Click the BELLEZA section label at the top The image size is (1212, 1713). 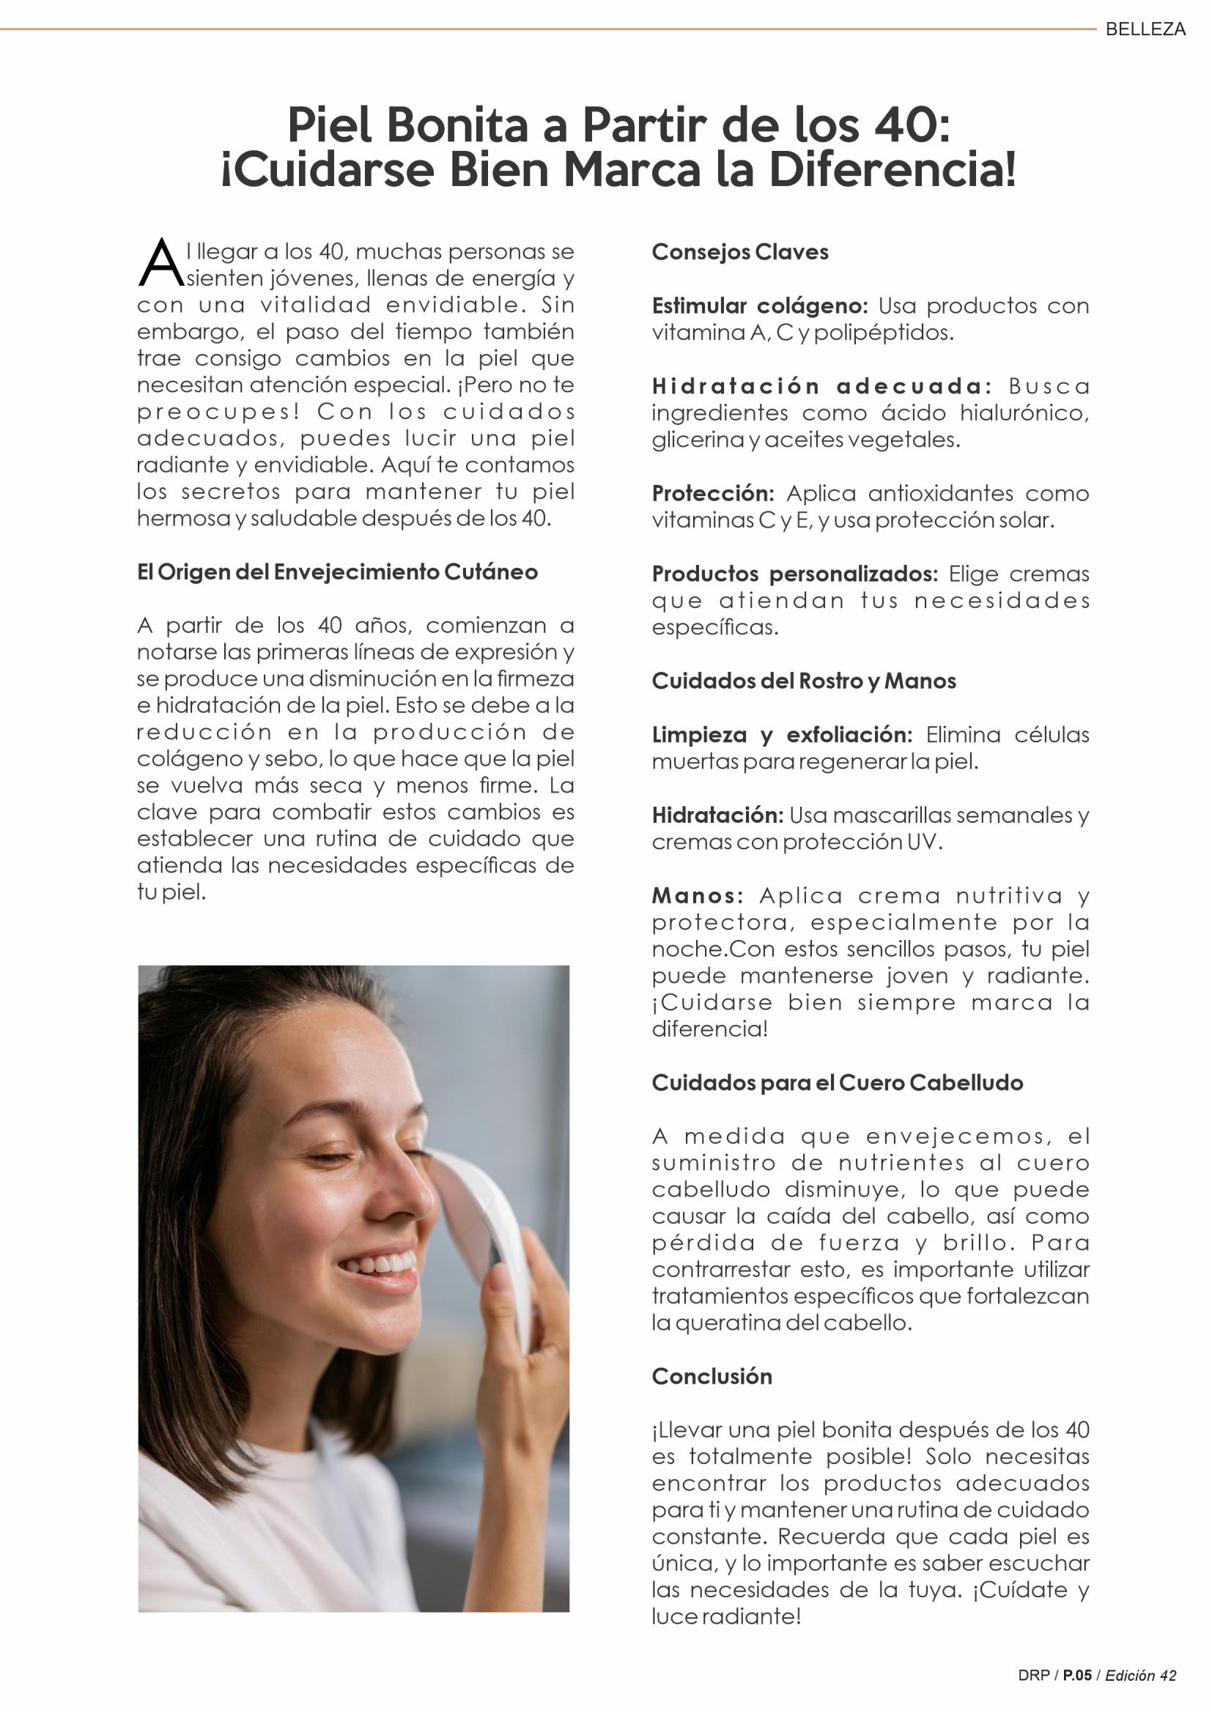(1145, 29)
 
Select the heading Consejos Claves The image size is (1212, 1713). (739, 252)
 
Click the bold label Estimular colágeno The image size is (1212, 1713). (759, 306)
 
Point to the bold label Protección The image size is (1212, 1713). (713, 493)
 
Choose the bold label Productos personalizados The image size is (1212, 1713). (794, 574)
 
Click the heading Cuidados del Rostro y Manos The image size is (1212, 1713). (803, 681)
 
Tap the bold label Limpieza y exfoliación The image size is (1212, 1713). (781, 735)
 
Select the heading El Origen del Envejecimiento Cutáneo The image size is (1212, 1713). (336, 572)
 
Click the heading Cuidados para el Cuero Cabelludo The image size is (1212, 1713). (837, 1083)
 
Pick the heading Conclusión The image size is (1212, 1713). (712, 1377)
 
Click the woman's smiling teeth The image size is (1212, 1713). (378, 1263)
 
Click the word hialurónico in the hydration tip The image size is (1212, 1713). (1024, 413)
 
